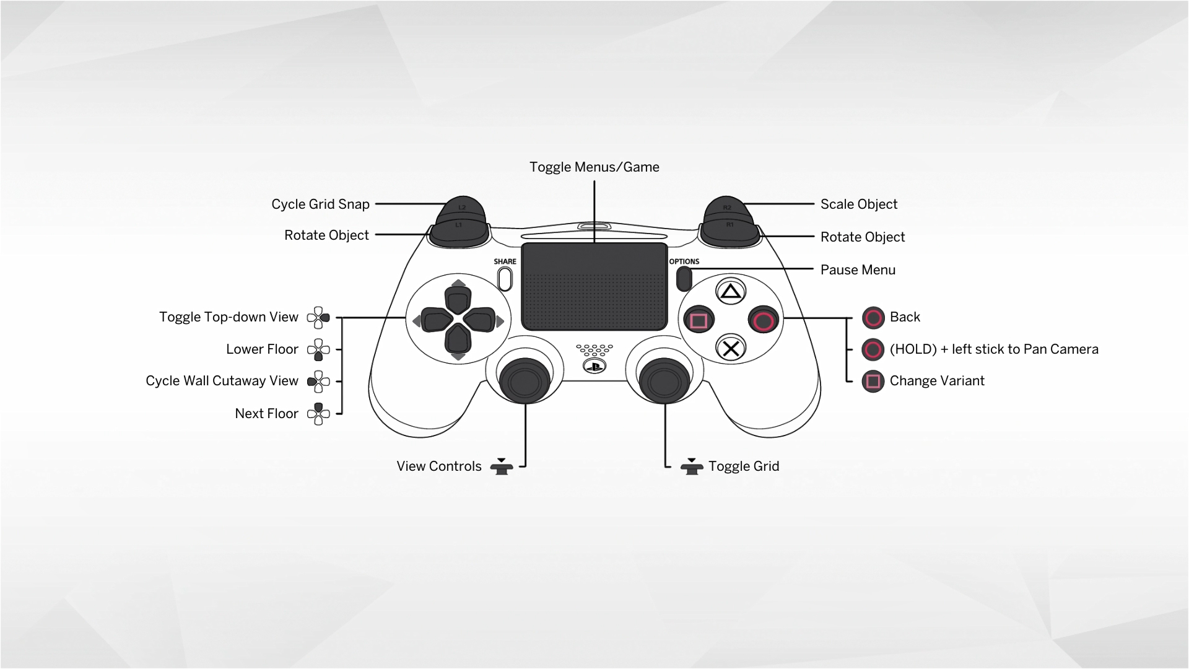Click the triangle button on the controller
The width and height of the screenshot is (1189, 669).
(x=731, y=291)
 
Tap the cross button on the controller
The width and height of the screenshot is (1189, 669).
(x=731, y=349)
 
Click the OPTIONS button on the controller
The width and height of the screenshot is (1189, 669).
(x=684, y=278)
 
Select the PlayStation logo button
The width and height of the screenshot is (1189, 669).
(x=594, y=367)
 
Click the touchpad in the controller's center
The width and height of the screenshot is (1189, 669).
(x=594, y=286)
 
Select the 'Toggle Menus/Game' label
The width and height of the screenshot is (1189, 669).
(x=594, y=167)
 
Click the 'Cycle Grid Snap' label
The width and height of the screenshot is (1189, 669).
(x=320, y=204)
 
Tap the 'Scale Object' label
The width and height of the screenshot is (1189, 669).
(x=858, y=204)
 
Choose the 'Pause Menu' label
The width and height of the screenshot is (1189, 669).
(x=858, y=270)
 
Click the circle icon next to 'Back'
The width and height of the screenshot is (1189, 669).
(x=873, y=318)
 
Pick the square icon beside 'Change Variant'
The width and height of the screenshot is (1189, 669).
(x=873, y=381)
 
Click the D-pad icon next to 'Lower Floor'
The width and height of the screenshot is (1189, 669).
(x=318, y=350)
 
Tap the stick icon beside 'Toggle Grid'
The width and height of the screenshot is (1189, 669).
(x=691, y=466)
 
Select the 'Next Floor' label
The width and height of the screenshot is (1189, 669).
(x=266, y=414)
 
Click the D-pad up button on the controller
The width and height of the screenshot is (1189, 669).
(x=458, y=300)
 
